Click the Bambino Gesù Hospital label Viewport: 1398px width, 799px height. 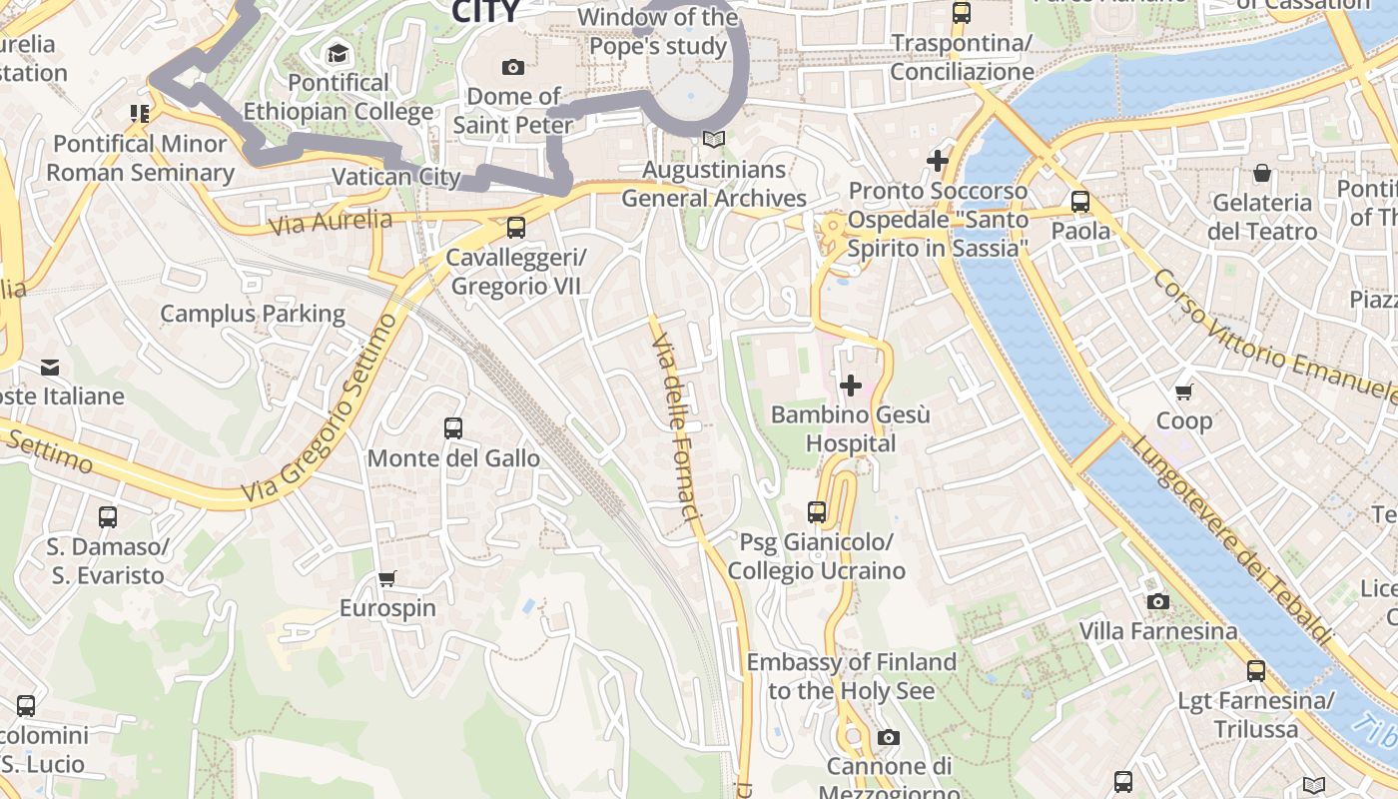851,428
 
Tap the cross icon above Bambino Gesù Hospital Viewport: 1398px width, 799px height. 851,385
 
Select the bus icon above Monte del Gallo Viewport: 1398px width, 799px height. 453,428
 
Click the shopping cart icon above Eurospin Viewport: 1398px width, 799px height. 387,578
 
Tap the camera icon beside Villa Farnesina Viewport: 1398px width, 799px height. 1158,601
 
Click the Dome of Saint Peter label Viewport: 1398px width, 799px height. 513,111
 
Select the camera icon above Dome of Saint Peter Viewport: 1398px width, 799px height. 513,67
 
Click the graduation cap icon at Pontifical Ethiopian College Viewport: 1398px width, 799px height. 339,53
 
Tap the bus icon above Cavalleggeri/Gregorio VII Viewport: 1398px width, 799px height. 516,228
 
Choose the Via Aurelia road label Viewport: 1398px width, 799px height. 331,222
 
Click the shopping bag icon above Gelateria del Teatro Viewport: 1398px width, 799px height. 1262,173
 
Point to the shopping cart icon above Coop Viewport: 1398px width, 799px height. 1184,392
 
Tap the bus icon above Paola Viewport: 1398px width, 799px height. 1080,202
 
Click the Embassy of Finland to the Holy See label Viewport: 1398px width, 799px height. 852,676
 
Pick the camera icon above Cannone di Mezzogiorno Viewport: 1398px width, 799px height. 888,738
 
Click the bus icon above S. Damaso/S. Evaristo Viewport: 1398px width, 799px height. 108,517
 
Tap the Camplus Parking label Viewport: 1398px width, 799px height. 253,314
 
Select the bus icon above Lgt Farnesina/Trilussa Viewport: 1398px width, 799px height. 1256,671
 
